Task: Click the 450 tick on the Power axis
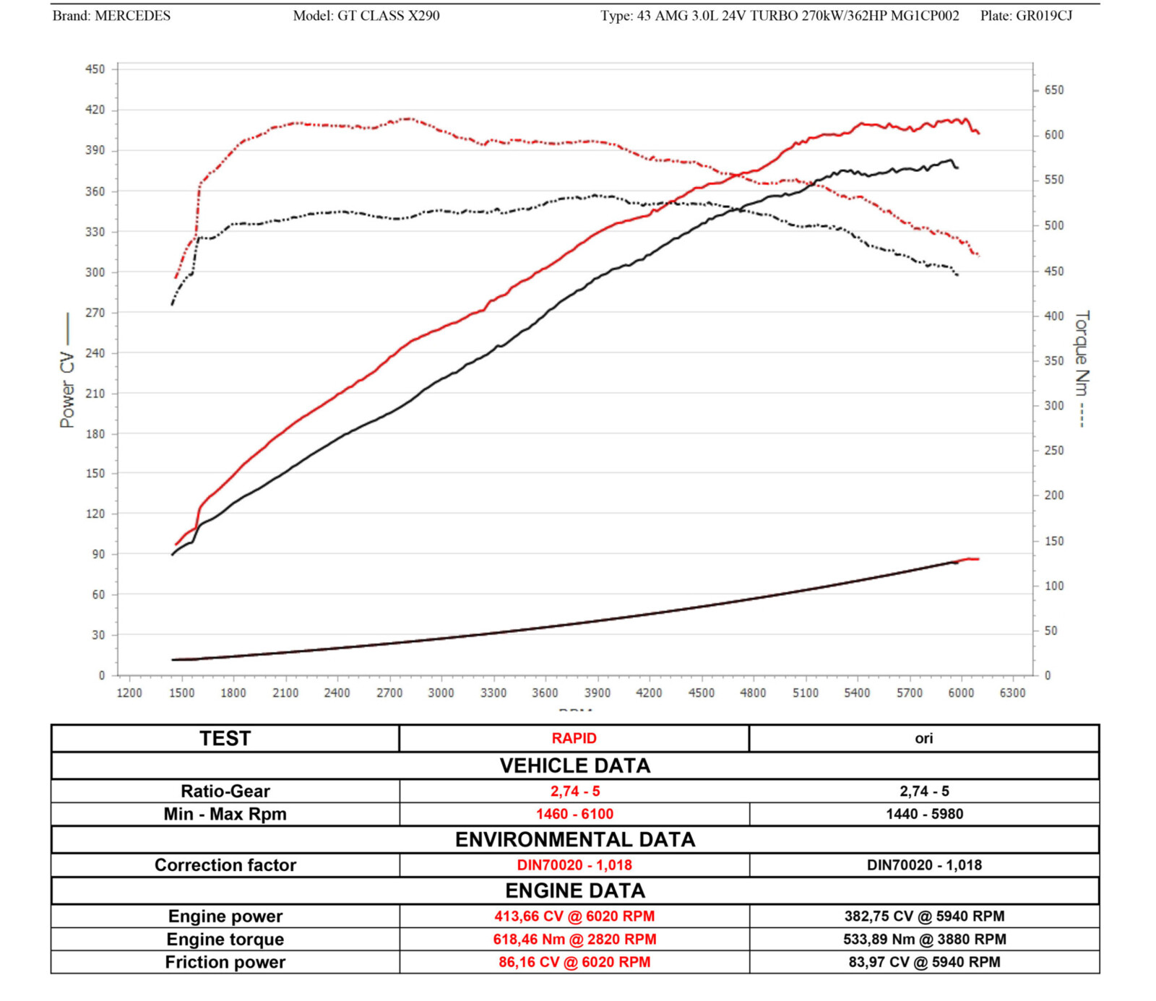95,69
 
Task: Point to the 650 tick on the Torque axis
1053,90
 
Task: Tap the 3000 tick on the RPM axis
441,693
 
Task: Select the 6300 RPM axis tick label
1012,693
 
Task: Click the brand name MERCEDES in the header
133,16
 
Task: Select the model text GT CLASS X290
388,16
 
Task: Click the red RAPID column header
574,738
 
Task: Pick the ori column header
923,738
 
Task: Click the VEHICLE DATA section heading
574,766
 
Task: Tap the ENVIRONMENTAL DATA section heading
574,839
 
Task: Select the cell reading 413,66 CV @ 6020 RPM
574,916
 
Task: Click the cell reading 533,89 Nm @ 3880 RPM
924,939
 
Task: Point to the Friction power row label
225,962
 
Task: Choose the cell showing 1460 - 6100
574,814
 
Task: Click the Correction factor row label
225,864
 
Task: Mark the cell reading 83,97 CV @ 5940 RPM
924,962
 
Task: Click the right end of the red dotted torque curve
978,255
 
